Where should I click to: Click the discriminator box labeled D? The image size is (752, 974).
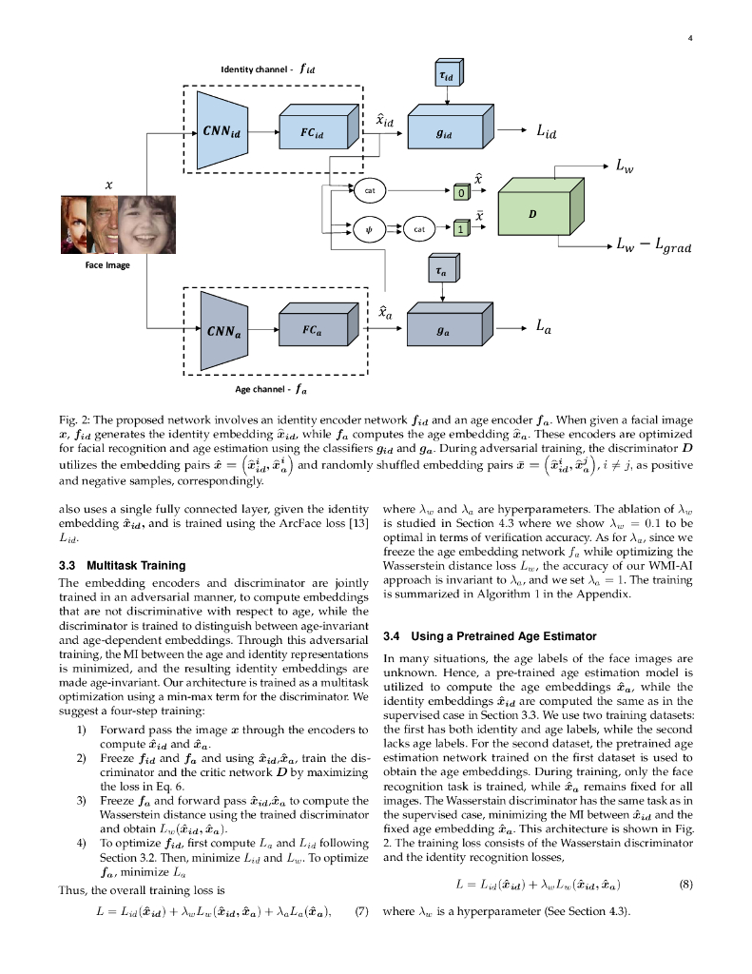click(x=535, y=215)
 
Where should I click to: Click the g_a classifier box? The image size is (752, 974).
click(x=442, y=330)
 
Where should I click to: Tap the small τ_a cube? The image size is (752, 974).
click(x=442, y=270)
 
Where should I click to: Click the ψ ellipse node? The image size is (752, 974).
click(x=368, y=228)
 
